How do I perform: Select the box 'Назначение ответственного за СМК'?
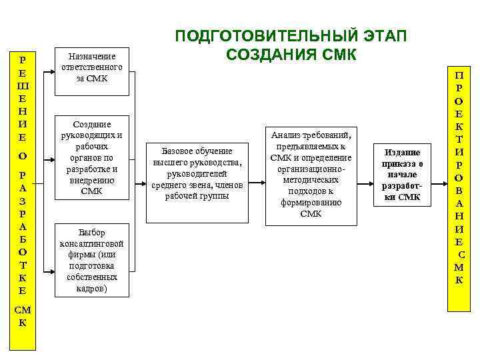coord(91,68)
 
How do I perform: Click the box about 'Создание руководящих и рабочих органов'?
coord(91,157)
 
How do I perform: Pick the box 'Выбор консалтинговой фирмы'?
coord(91,261)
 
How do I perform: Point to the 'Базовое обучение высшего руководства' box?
coord(197,173)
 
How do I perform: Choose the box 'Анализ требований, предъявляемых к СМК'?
coord(311,173)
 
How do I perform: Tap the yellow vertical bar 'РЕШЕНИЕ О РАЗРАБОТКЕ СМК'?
coord(23,200)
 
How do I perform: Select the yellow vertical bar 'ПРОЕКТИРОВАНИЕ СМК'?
coord(459,187)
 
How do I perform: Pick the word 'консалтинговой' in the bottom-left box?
coord(91,243)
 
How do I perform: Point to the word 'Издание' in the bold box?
coord(401,153)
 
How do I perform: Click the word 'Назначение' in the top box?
coord(91,56)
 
